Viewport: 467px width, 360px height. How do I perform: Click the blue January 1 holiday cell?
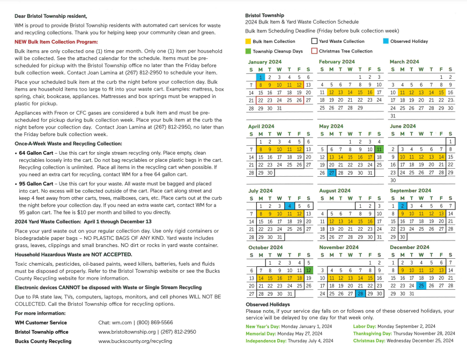(x=261, y=77)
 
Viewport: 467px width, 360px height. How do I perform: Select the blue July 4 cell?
(x=290, y=206)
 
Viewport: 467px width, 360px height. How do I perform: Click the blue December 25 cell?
(x=421, y=286)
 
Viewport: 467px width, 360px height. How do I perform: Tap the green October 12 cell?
(x=308, y=271)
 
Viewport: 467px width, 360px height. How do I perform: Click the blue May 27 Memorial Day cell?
(x=332, y=172)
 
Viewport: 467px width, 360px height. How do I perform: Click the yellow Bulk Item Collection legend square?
(x=248, y=41)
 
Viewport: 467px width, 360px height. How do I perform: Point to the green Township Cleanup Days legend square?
(x=248, y=51)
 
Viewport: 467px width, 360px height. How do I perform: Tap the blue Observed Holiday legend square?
(x=386, y=41)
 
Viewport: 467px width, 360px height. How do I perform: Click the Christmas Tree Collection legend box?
(x=314, y=51)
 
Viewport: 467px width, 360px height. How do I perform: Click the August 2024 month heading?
(x=335, y=191)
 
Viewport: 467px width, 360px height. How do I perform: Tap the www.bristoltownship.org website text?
(x=127, y=332)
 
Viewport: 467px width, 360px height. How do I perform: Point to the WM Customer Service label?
(x=41, y=322)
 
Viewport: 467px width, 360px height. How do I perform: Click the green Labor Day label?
(x=365, y=326)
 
